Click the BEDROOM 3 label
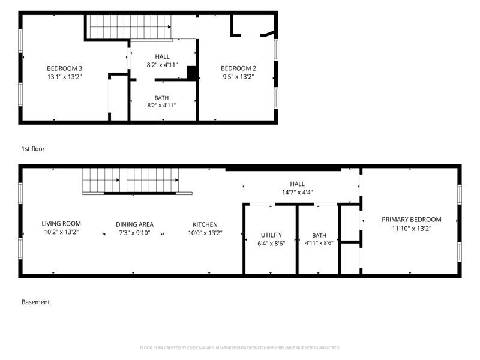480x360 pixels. click(64, 68)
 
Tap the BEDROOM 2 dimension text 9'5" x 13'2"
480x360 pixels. click(238, 77)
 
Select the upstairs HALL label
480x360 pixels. click(162, 56)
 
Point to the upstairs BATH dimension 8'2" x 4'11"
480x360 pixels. click(161, 106)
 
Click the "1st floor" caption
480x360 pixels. click(33, 149)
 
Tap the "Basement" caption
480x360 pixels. click(35, 302)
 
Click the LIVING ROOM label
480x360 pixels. click(61, 223)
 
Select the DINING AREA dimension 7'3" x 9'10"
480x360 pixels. click(134, 233)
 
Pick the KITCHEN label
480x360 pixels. click(205, 224)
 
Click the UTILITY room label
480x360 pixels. click(271, 235)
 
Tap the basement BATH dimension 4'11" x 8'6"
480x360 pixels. click(319, 243)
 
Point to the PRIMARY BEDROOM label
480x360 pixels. click(412, 220)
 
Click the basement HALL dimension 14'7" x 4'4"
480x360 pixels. click(297, 192)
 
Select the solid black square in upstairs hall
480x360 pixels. click(192, 73)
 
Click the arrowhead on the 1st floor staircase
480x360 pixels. click(169, 27)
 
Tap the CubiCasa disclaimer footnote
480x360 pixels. click(239, 348)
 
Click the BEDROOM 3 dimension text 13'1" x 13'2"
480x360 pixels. click(64, 77)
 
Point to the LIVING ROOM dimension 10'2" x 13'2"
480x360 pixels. click(61, 232)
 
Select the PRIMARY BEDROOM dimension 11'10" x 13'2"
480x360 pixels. click(412, 229)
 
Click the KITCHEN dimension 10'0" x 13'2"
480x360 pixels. click(205, 233)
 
